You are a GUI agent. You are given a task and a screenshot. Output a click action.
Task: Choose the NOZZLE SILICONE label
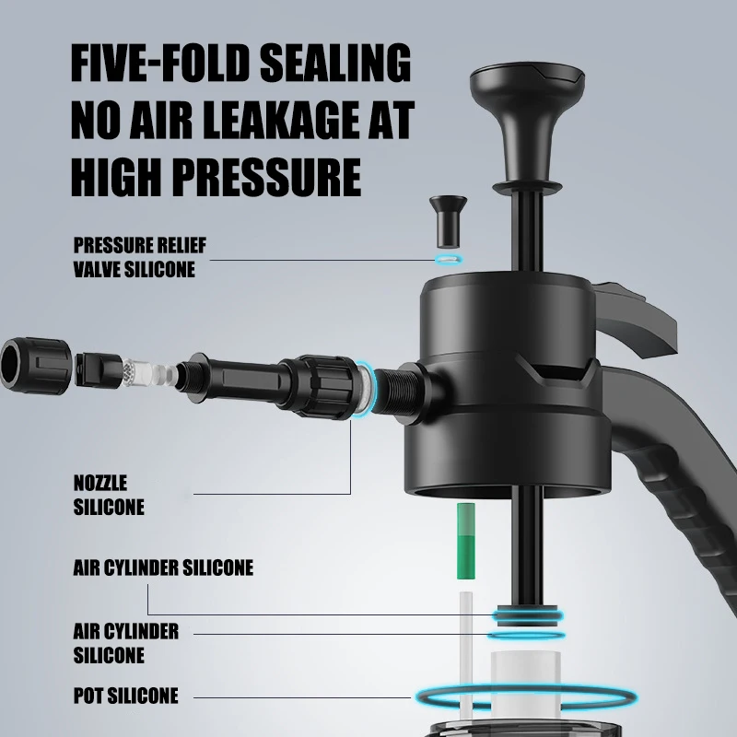[x=108, y=494]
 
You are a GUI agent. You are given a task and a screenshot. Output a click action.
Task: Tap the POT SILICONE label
[x=125, y=695]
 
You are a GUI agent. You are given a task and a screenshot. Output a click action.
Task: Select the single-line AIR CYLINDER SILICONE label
[x=163, y=567]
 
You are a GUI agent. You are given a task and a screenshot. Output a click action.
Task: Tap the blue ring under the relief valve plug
[x=448, y=260]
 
